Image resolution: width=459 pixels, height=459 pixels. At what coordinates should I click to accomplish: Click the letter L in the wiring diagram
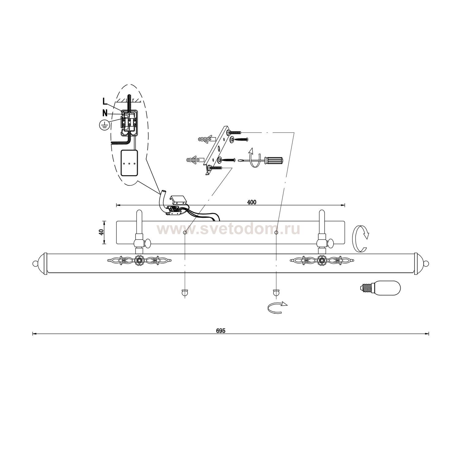pyautogui.click(x=105, y=102)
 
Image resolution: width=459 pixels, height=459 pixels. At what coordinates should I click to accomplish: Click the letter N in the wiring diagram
pyautogui.click(x=105, y=113)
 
